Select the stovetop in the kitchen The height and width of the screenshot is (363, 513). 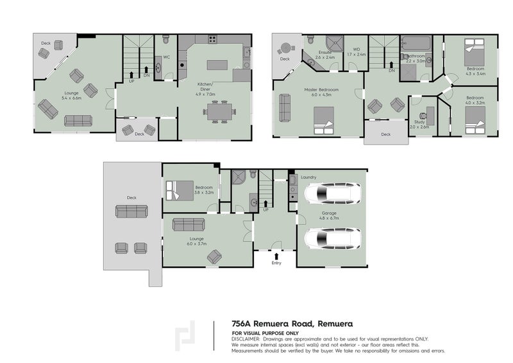click(211, 40)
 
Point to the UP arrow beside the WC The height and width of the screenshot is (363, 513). click(131, 75)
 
